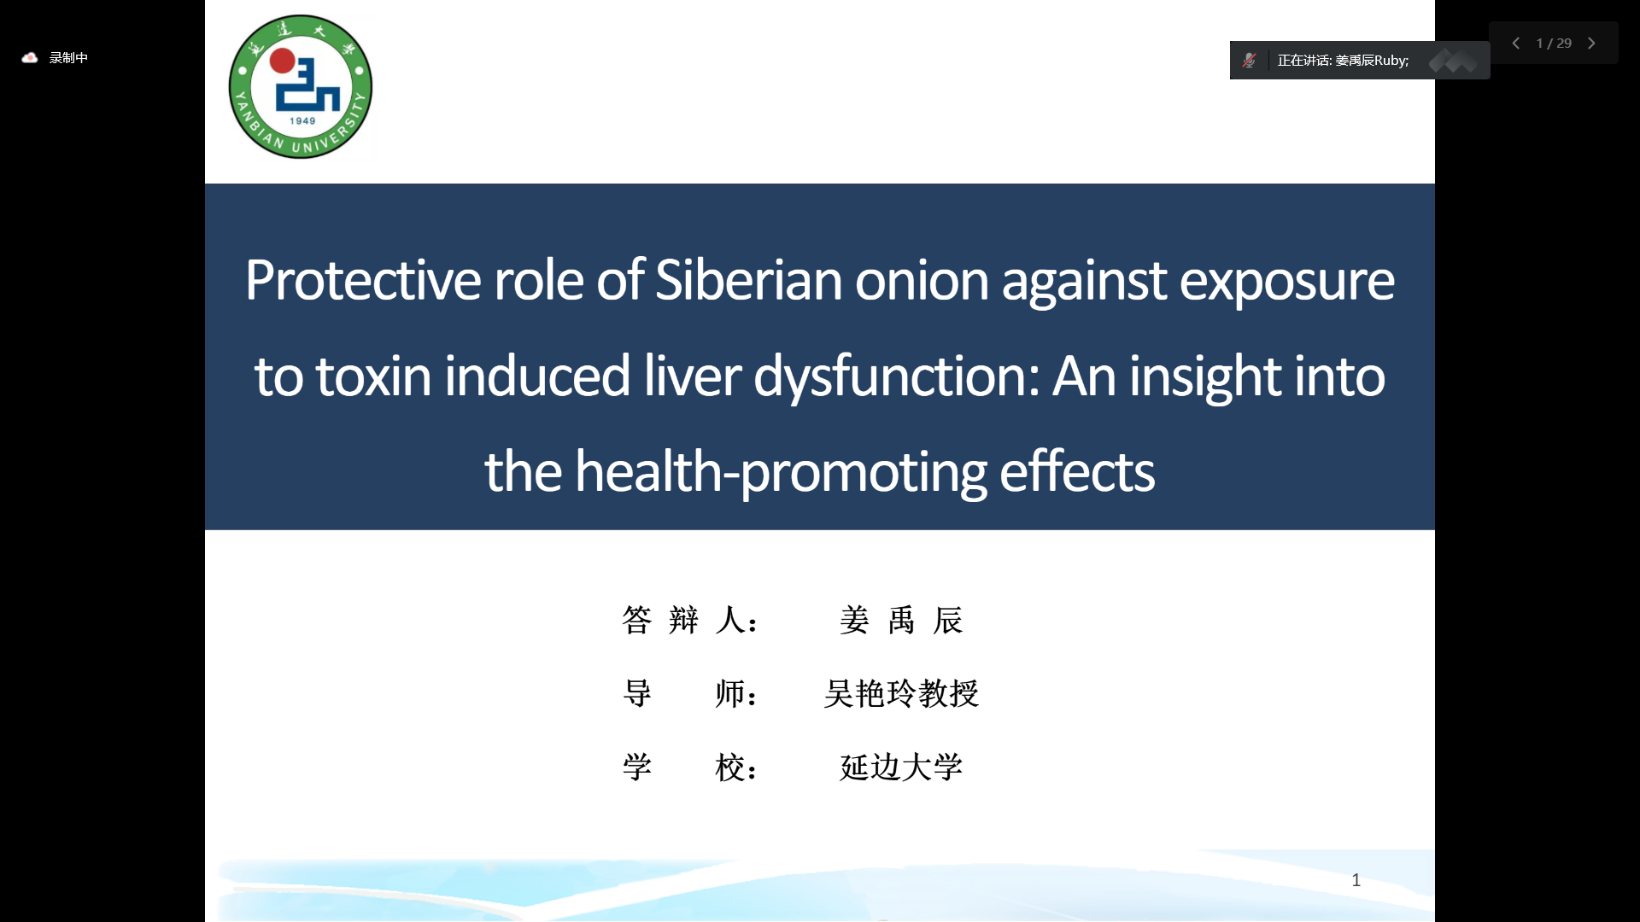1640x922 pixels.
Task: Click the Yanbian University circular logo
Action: click(301, 86)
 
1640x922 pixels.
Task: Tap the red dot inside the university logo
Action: click(282, 61)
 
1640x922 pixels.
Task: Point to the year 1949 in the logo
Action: click(302, 121)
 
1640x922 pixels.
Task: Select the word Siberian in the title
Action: click(748, 280)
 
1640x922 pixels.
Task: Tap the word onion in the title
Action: click(922, 282)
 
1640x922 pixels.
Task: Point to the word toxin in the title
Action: click(373, 377)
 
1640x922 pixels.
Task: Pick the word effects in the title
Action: click(1077, 471)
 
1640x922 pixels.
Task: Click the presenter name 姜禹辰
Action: click(901, 620)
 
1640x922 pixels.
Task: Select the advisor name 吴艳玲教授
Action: click(901, 693)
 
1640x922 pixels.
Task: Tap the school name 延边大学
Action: click(901, 767)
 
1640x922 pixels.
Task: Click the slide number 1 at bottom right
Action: click(1356, 880)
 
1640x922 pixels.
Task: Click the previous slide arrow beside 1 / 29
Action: click(1516, 43)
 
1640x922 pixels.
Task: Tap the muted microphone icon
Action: click(1250, 60)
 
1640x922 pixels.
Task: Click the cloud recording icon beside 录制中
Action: click(30, 57)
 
